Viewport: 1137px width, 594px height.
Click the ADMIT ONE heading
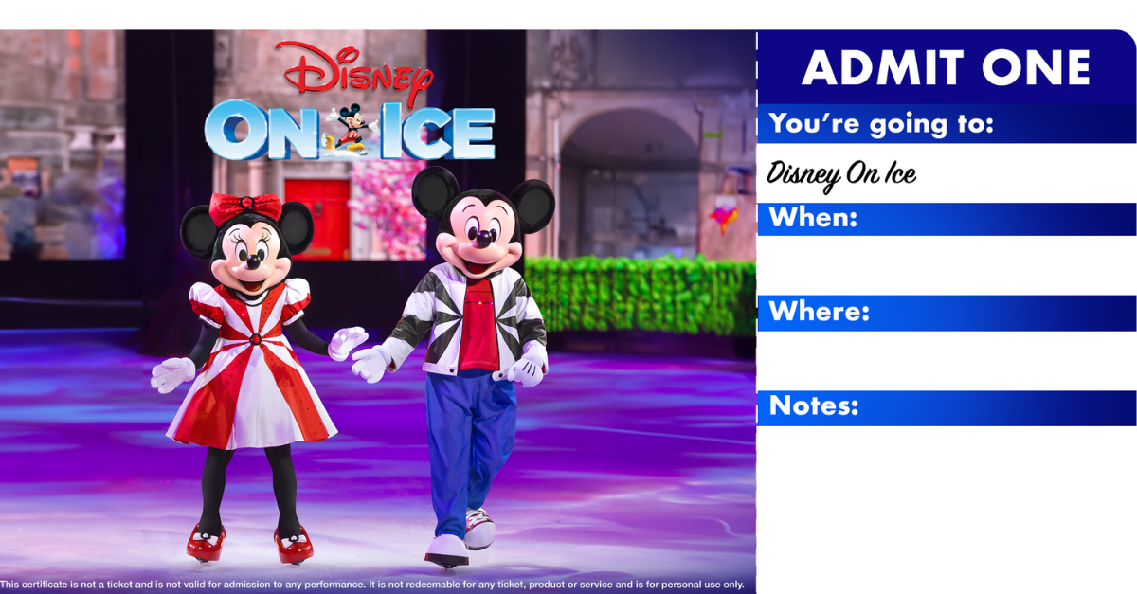click(x=946, y=68)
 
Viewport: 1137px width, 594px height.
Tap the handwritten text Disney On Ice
click(x=841, y=173)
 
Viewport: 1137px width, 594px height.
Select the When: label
click(x=813, y=218)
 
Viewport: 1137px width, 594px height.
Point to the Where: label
click(x=819, y=312)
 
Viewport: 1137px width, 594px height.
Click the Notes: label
click(x=813, y=405)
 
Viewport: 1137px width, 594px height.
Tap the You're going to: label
click(x=880, y=123)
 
